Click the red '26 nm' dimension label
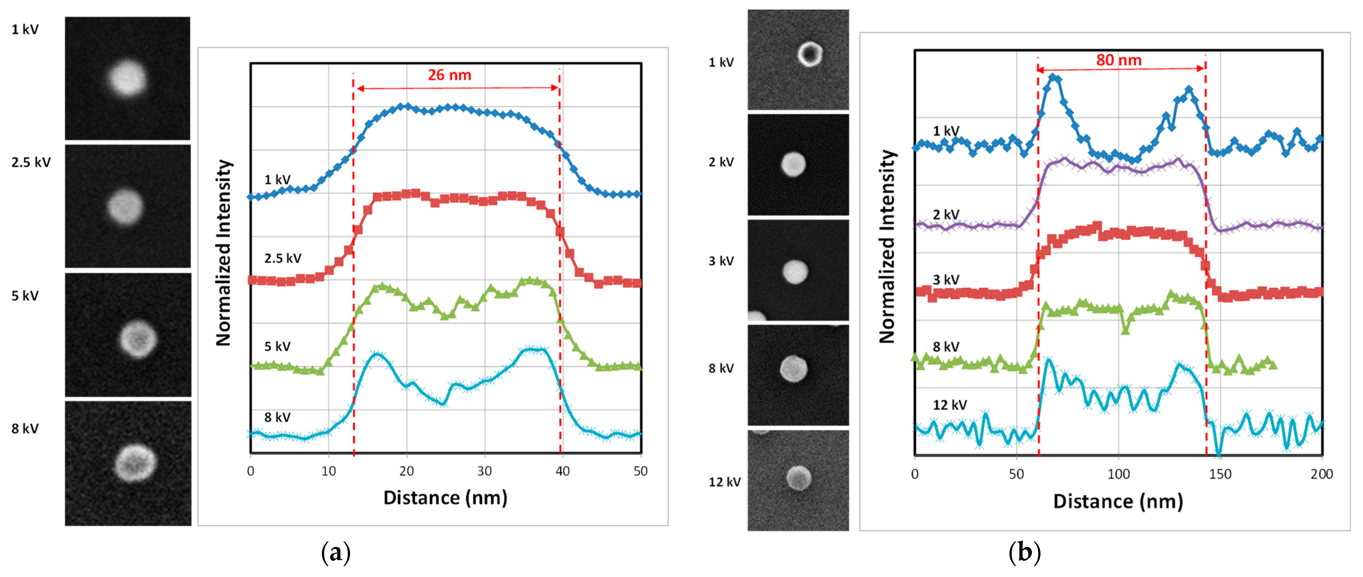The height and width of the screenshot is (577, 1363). [x=449, y=75]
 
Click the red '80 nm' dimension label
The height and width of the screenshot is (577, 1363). [x=1119, y=60]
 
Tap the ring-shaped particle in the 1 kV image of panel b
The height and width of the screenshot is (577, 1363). [x=810, y=53]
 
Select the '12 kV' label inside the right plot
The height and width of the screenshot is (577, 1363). [x=950, y=405]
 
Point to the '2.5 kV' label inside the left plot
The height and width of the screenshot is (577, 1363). [x=283, y=258]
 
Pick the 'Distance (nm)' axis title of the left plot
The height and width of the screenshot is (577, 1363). [x=445, y=498]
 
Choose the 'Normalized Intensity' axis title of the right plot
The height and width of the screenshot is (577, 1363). [x=887, y=247]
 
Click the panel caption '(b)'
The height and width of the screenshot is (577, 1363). [x=1024, y=553]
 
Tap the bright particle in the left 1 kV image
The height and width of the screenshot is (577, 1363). [x=127, y=78]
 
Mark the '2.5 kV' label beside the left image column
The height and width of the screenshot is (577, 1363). [x=31, y=162]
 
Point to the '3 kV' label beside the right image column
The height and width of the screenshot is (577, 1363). [x=721, y=261]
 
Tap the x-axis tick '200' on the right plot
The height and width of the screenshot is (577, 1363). [x=1321, y=474]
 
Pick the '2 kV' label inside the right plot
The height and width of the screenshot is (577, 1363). [x=946, y=215]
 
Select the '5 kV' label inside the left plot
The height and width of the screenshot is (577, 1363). [x=277, y=346]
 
